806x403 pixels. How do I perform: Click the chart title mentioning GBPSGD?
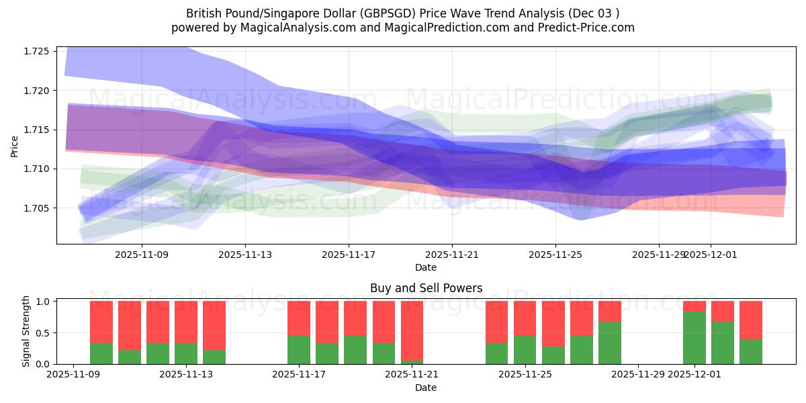(402, 13)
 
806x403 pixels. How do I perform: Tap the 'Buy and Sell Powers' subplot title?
(426, 288)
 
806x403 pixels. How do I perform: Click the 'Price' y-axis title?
(15, 145)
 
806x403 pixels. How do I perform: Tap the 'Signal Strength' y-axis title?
(26, 331)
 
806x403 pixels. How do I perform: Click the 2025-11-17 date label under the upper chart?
(348, 255)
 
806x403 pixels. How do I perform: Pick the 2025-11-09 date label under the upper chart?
(142, 255)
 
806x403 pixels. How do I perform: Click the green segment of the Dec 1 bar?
(695, 338)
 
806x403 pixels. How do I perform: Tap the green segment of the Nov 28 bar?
(610, 343)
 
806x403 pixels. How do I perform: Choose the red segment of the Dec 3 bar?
(751, 320)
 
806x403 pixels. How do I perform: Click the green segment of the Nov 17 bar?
(299, 349)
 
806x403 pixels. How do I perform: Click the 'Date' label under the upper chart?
(425, 267)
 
